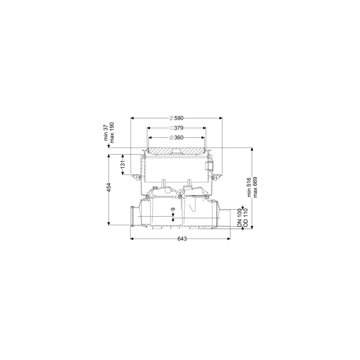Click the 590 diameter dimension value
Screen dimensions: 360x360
179,118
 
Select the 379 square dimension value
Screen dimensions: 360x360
179,128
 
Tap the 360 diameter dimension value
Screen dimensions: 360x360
179,138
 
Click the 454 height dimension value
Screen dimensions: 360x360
109,187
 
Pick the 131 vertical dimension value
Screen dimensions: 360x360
123,165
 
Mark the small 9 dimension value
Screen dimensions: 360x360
173,209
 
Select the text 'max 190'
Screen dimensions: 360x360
112,132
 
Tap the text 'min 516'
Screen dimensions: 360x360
249,187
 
